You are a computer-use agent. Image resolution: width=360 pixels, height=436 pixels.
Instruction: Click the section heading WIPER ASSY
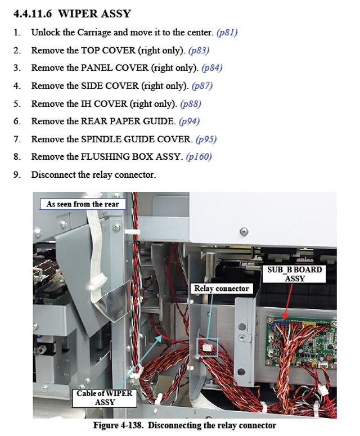click(94, 14)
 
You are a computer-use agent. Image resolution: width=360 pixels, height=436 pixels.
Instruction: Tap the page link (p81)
click(227, 33)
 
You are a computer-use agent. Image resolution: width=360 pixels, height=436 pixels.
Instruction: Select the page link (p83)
click(199, 50)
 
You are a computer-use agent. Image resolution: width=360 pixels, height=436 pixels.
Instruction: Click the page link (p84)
click(212, 68)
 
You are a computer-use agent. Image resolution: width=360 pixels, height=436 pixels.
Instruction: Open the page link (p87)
click(202, 86)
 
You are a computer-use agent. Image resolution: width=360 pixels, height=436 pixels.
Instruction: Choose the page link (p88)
click(191, 104)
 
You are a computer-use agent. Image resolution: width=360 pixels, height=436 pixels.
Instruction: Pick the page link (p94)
click(190, 121)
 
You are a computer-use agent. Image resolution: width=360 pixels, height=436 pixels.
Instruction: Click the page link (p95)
click(206, 139)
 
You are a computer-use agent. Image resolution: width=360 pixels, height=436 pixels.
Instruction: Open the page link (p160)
click(199, 157)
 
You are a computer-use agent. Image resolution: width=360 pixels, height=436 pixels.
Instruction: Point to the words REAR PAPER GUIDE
click(127, 121)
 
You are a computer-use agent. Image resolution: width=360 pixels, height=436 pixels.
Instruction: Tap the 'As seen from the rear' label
click(83, 204)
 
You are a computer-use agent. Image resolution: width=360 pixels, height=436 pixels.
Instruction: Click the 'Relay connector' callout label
click(222, 289)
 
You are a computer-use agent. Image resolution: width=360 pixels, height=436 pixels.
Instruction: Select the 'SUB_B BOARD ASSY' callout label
click(294, 274)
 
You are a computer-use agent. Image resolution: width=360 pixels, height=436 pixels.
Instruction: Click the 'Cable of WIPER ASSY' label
click(105, 398)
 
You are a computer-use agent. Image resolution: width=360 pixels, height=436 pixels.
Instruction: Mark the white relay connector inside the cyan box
click(207, 347)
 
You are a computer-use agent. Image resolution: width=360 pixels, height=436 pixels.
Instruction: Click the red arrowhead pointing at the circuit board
click(284, 317)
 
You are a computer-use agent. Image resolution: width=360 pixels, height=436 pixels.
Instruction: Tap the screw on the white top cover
click(244, 231)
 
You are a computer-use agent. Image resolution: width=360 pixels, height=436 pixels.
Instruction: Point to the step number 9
click(17, 175)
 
